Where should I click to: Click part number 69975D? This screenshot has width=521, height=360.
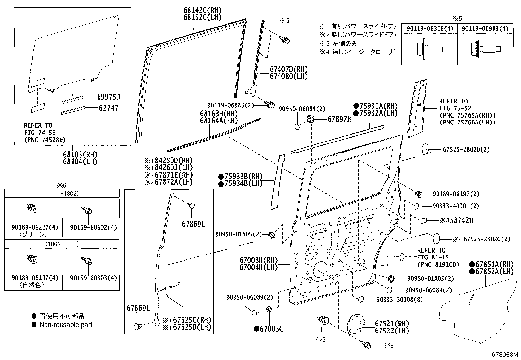pos(109,97)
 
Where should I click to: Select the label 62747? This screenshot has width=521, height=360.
pos(108,108)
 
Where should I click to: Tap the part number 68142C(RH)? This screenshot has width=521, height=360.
pos(202,10)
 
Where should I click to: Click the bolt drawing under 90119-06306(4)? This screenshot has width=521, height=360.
pos(429,49)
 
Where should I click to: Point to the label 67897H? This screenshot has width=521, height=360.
pos(339,120)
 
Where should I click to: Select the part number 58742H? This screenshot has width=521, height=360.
pos(461,220)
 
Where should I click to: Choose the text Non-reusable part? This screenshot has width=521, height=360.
pos(66,325)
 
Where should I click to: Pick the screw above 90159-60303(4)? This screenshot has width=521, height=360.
pos(88,261)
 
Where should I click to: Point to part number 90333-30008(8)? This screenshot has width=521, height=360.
pos(395,299)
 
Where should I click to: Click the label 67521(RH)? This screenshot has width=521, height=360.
pos(392,324)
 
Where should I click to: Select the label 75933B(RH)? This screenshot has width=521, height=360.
pos(243,176)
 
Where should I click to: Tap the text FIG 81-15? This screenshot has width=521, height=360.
pos(433,257)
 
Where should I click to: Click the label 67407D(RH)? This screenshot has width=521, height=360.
pos(289,69)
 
